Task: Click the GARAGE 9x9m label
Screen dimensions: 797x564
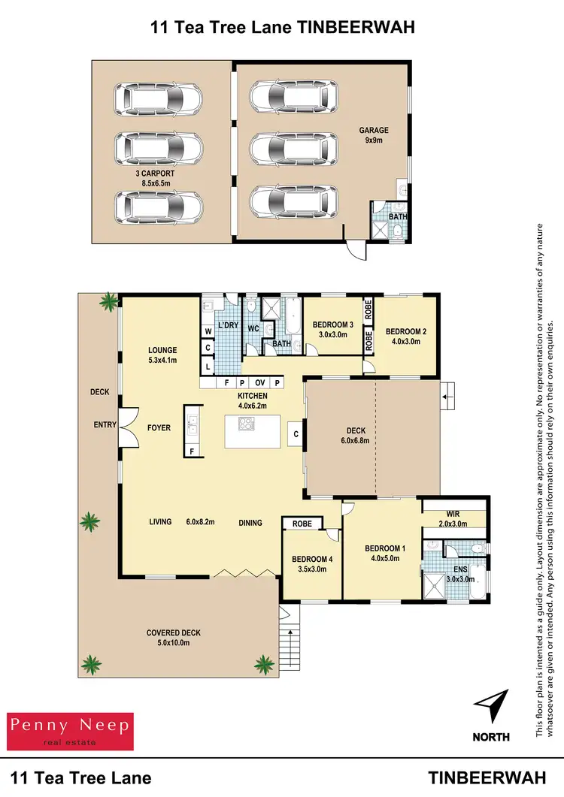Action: tap(373, 135)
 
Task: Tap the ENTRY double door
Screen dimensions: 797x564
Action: tap(129, 425)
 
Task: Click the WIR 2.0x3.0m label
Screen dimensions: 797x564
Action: tap(453, 519)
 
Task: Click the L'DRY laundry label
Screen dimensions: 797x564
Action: tap(227, 325)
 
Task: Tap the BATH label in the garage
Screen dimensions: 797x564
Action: tap(397, 218)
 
